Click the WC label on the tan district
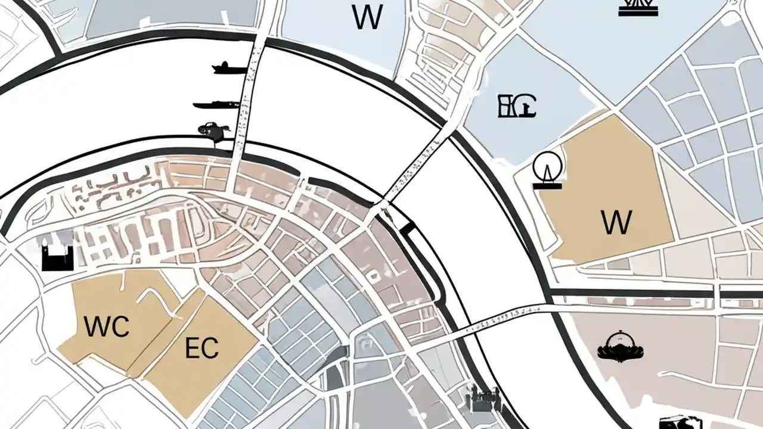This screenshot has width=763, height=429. point(106,327)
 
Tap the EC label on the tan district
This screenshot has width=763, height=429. point(201,348)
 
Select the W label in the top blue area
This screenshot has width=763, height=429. point(367,18)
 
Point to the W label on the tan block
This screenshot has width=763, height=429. point(616,222)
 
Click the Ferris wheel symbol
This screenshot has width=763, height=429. point(547,169)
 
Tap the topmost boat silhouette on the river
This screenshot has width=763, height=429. point(229,68)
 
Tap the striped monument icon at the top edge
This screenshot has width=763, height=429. point(638,7)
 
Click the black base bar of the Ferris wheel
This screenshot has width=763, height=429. point(547,186)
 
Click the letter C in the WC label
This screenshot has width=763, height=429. point(120,327)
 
